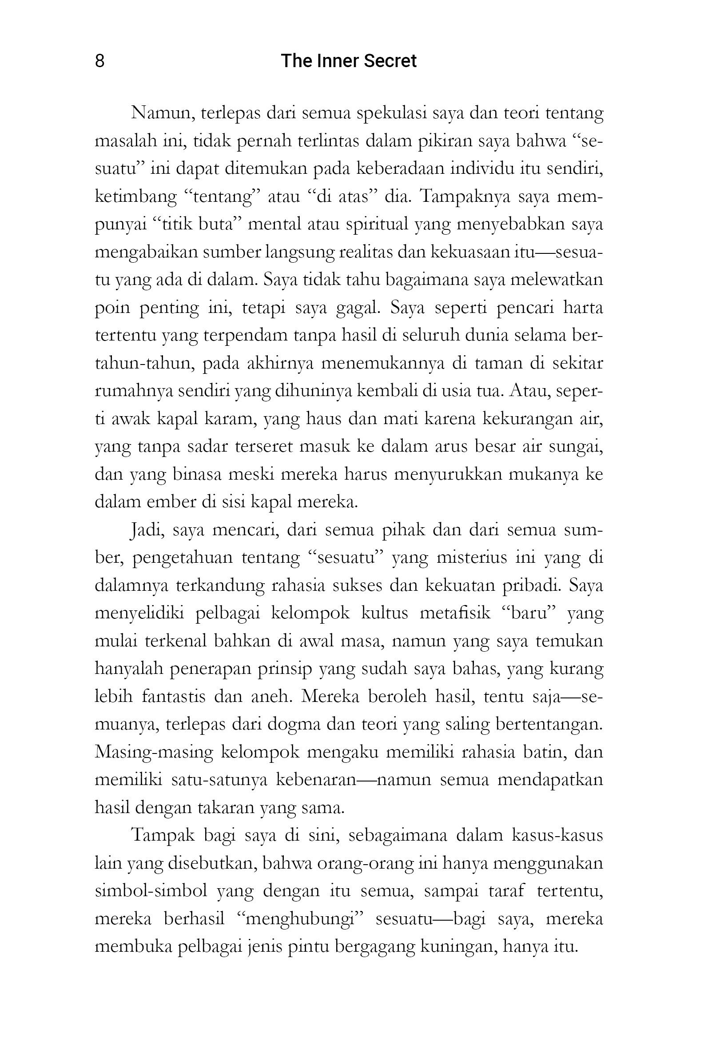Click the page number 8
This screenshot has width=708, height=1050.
point(100,60)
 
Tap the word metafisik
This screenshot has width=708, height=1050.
point(455,613)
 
